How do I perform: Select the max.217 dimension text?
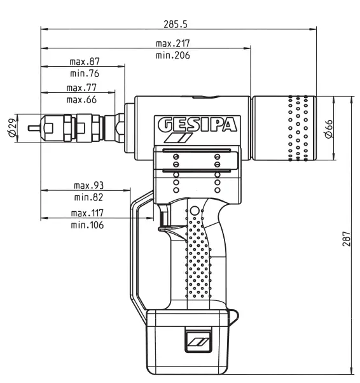coord(173,43)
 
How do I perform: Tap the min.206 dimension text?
coord(173,55)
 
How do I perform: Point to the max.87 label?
coord(85,62)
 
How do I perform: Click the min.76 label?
coord(85,74)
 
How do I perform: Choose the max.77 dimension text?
coord(81,88)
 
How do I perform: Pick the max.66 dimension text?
coord(81,100)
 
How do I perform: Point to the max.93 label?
coord(88,186)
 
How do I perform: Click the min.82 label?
coord(88,198)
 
